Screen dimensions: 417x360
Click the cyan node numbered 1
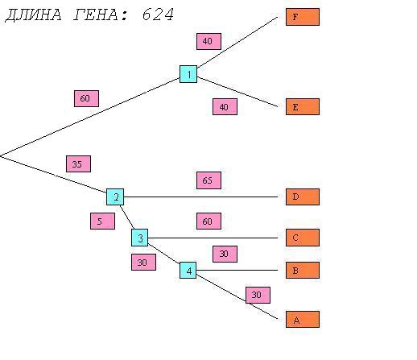tap(188, 74)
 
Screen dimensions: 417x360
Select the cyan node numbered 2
tap(115, 197)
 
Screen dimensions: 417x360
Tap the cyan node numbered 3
tap(139, 238)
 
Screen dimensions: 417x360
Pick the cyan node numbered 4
tap(188, 270)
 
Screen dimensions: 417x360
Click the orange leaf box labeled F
tap(303, 17)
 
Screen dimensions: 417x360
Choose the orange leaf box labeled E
tap(303, 106)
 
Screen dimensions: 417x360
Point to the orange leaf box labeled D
tap(303, 197)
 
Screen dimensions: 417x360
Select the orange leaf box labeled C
tap(303, 238)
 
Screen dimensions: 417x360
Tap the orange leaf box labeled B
tap(303, 270)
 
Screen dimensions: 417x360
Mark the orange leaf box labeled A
tap(303, 319)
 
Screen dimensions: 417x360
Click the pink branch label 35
tap(78, 163)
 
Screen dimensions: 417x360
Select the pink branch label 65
tap(208, 180)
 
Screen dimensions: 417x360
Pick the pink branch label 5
tap(102, 221)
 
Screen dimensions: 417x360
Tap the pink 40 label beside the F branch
tap(208, 41)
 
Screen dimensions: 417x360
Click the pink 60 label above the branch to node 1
tap(86, 98)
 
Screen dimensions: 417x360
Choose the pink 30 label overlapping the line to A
tap(258, 295)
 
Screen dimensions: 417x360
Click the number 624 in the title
tap(158, 14)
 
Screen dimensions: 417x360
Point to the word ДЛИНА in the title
tap(33, 14)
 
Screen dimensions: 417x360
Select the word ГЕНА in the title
tap(96, 14)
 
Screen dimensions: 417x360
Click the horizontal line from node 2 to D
tap(200, 197)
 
